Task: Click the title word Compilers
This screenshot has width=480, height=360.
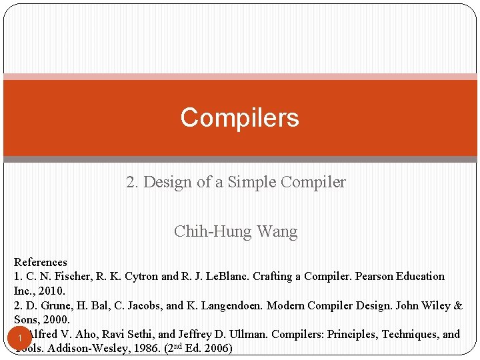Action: pos(239,117)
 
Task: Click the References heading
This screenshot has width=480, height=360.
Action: pos(41,262)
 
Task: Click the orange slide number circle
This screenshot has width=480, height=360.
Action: pos(21,339)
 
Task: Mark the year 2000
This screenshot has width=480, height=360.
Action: pos(57,320)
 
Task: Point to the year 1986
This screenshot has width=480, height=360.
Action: pos(147,349)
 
